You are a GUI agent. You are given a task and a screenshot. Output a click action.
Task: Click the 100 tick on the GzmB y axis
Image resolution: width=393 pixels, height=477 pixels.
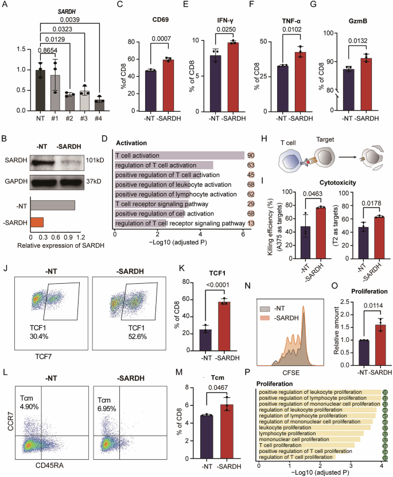(x=330, y=33)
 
